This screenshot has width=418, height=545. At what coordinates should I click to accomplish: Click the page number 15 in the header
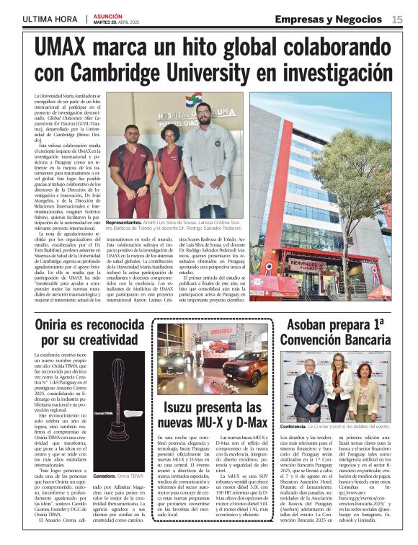pyautogui.click(x=397, y=19)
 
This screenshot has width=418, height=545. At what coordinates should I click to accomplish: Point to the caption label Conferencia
pyautogui.click(x=294, y=427)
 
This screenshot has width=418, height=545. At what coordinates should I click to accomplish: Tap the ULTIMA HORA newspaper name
pyautogui.click(x=48, y=19)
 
